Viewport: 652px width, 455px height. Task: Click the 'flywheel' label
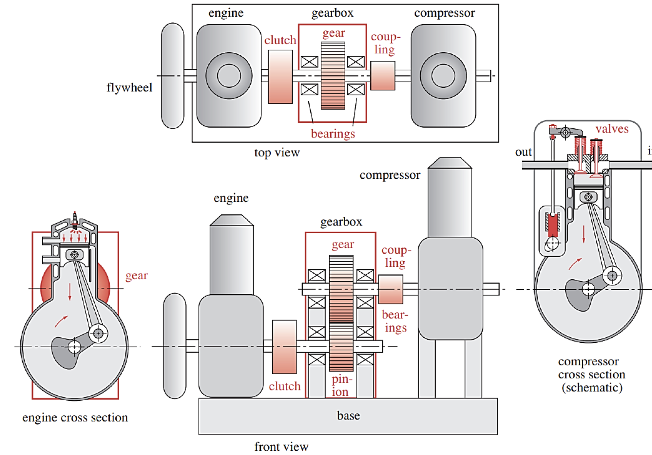129,88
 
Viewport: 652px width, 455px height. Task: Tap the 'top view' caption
277,153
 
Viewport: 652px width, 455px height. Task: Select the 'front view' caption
281,446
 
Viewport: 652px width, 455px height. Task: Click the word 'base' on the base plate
348,415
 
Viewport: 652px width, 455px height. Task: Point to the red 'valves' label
612,129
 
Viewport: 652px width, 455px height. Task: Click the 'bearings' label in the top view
333,134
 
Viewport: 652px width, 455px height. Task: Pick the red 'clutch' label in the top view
280,40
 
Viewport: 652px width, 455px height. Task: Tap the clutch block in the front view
284,347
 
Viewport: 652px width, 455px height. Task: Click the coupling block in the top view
383,76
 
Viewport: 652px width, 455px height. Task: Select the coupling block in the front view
391,289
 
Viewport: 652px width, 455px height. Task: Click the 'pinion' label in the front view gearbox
341,385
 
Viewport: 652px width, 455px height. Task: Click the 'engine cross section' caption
75,417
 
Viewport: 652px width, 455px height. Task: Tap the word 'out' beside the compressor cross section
523,152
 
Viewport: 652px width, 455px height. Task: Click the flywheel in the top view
173,76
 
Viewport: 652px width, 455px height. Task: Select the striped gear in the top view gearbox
333,76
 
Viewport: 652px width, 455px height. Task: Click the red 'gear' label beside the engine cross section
136,276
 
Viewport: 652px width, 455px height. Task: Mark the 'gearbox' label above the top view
332,13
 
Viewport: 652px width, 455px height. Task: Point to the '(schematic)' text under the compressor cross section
592,388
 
